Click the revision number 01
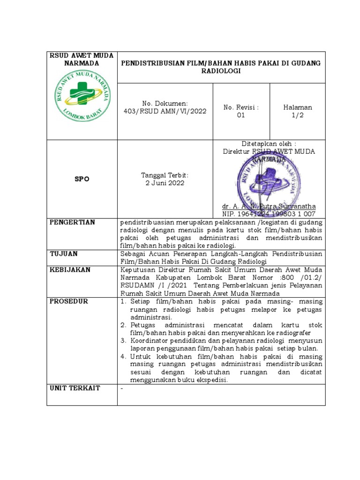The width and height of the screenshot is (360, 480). (x=241, y=115)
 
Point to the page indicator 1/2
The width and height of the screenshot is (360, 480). (x=298, y=115)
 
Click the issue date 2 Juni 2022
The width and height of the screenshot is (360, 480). (x=165, y=183)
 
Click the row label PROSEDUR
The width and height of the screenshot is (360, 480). (x=69, y=301)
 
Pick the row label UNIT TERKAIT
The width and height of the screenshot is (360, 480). (x=72, y=388)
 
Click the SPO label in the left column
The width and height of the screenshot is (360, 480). (x=82, y=179)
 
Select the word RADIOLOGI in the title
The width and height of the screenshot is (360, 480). (x=221, y=71)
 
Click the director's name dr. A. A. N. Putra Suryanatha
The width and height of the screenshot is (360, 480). (x=269, y=206)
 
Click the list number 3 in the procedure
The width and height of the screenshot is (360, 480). (x=123, y=340)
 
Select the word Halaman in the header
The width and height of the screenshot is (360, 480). (x=298, y=107)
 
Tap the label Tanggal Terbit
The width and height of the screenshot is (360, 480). (x=165, y=175)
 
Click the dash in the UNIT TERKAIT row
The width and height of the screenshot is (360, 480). (x=122, y=388)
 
